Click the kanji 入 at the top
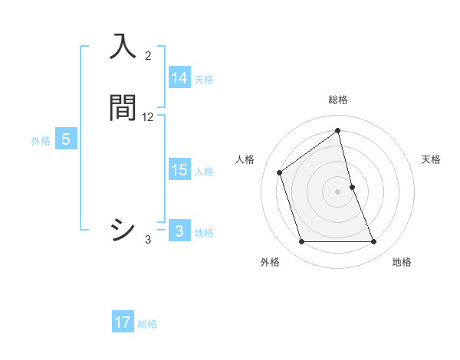[x=123, y=47]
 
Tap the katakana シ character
[x=123, y=230]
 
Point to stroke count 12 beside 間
[x=148, y=117]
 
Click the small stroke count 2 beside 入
[x=148, y=56]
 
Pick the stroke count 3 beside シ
[x=148, y=240]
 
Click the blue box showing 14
[x=179, y=77]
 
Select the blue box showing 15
[x=179, y=170]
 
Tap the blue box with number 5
[x=66, y=139]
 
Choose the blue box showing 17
[x=123, y=322]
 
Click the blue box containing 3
[x=179, y=231]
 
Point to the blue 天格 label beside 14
[x=204, y=79]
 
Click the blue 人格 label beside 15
[x=204, y=172]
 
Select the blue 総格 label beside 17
[x=147, y=324]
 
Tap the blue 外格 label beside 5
[x=41, y=141]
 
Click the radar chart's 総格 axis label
[x=337, y=100]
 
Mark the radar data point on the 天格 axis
[x=352, y=187]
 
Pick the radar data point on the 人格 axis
[x=280, y=172]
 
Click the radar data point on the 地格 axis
[x=373, y=242]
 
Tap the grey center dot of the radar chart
[x=337, y=191]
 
